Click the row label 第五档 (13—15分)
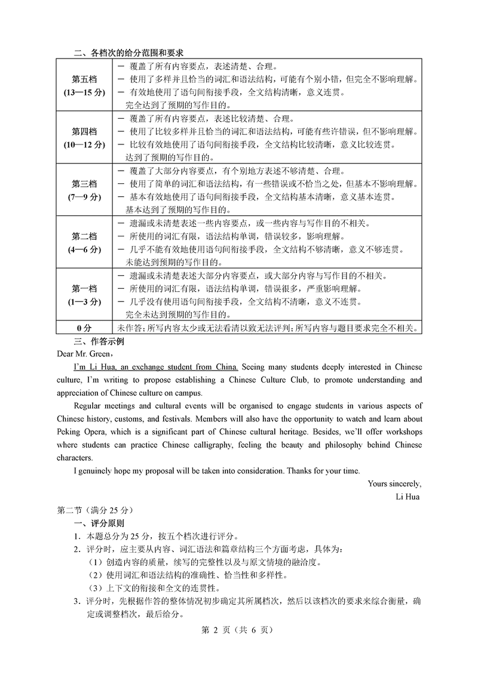coord(84,86)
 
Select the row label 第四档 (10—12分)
coord(84,138)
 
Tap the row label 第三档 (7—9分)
coord(84,190)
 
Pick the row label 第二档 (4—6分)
coord(84,242)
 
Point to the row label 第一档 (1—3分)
coord(84,294)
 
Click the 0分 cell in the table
coord(84,328)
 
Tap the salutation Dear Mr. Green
coord(84,354)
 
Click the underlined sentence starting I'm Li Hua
coord(155,366)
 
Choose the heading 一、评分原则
coord(99,523)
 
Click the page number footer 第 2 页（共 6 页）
coord(238,631)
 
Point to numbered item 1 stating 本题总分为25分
coord(155,536)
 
